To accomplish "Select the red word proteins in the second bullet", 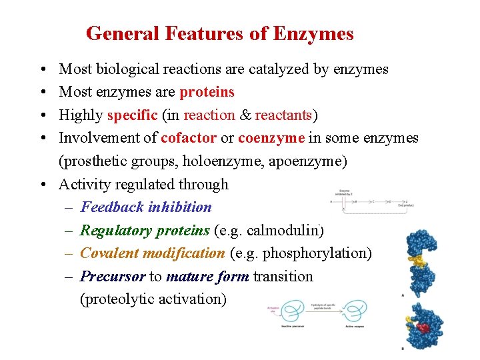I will pyautogui.click(x=207, y=92).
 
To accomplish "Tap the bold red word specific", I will pyautogui.click(x=133, y=115).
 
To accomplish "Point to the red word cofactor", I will pyautogui.click(x=189, y=138).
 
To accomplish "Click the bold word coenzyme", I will pyautogui.click(x=271, y=138).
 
